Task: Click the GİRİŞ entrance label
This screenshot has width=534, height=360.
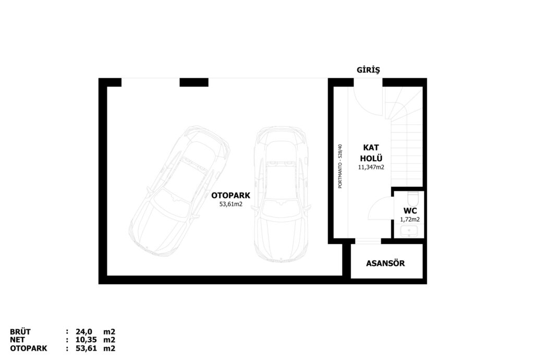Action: [x=368, y=70]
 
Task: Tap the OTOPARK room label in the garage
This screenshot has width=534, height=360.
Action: [x=230, y=196]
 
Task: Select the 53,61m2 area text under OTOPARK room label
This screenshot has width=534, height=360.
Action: [x=231, y=205]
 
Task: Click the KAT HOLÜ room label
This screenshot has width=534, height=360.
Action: [x=371, y=153]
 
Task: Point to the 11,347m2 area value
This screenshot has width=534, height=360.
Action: [x=371, y=167]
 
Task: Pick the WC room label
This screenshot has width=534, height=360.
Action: [x=410, y=211]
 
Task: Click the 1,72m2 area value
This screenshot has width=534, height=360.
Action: [x=410, y=220]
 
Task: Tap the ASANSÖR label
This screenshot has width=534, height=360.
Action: [x=385, y=263]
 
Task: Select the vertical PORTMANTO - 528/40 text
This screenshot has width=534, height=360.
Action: [x=340, y=166]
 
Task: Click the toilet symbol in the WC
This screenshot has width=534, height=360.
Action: [x=413, y=198]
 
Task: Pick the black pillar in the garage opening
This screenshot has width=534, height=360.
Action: [x=194, y=82]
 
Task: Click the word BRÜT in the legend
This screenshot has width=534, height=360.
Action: [x=20, y=332]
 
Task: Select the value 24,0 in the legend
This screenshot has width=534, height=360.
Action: [x=84, y=332]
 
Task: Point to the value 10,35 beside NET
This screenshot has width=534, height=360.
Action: [x=86, y=340]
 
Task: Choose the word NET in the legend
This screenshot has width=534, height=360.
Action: [x=17, y=340]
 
